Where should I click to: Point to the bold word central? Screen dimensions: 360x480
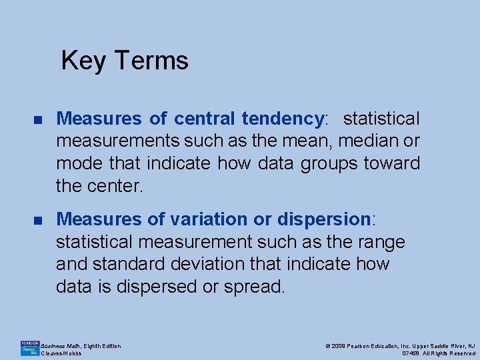click(x=204, y=119)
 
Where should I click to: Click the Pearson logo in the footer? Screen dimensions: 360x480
click(x=30, y=347)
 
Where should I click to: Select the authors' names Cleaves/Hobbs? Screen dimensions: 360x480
click(x=61, y=353)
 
